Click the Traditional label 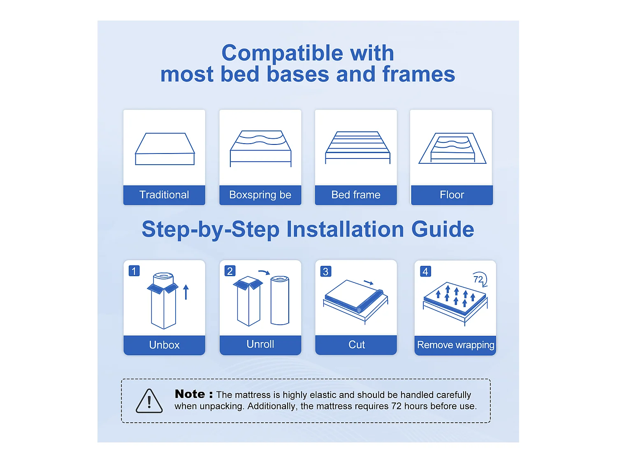pyautogui.click(x=164, y=195)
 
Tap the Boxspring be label pyautogui.click(x=260, y=195)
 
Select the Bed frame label pyautogui.click(x=356, y=195)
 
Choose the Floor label pyautogui.click(x=452, y=195)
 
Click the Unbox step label pyautogui.click(x=164, y=345)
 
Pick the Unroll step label pyautogui.click(x=260, y=344)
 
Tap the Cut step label pyautogui.click(x=356, y=344)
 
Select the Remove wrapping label pyautogui.click(x=455, y=345)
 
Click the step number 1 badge pyautogui.click(x=134, y=271)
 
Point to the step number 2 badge pyautogui.click(x=230, y=271)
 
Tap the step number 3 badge pyautogui.click(x=326, y=272)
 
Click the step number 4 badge pyautogui.click(x=425, y=272)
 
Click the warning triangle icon pyautogui.click(x=149, y=401)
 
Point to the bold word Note pyautogui.click(x=190, y=394)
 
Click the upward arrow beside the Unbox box pyautogui.click(x=186, y=292)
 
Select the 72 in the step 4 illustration pyautogui.click(x=478, y=279)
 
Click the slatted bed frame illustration pyautogui.click(x=357, y=147)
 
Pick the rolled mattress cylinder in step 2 pyautogui.click(x=280, y=300)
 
